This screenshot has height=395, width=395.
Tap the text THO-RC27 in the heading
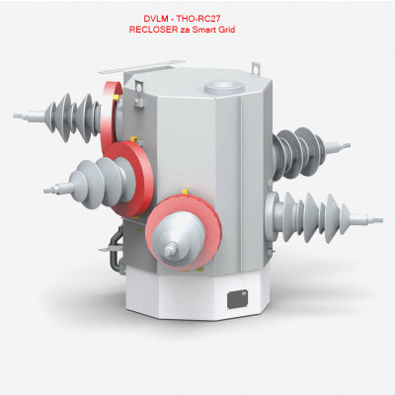(203, 18)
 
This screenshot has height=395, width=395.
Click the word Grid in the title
(227, 30)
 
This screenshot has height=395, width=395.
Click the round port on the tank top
(224, 88)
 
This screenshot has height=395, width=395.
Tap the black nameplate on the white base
(238, 299)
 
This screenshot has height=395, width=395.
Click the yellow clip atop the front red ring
(185, 192)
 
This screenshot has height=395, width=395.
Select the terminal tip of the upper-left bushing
(21, 116)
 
